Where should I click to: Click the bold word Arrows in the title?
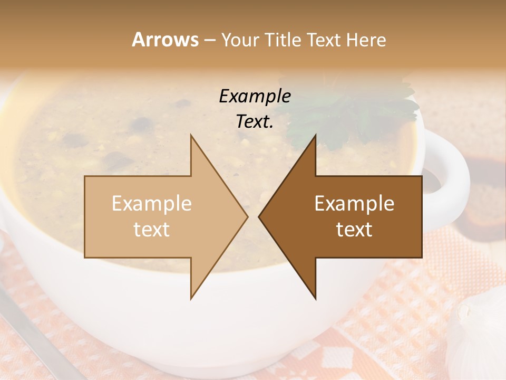pos(166,40)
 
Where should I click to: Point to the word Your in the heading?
pos(240,40)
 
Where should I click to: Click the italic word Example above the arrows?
pos(255,96)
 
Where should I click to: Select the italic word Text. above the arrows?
pos(255,121)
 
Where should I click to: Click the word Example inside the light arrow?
pos(152,204)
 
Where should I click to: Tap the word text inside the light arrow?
pos(152,229)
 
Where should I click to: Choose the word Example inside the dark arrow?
pos(354,204)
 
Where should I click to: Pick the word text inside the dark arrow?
pos(354,229)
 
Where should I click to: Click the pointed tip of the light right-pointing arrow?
pos(247,216)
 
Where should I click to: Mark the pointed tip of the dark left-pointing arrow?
pos(259,216)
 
